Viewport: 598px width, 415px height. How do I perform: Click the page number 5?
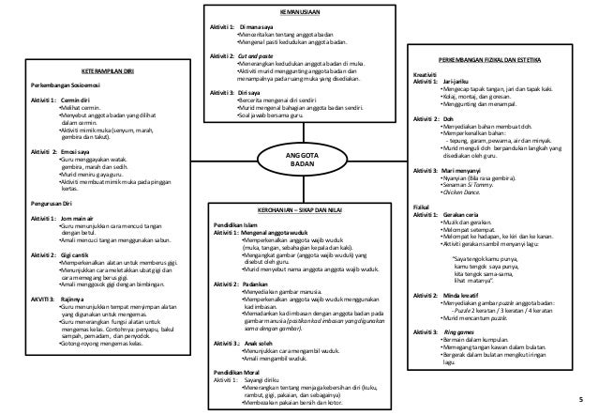pos(581,398)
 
